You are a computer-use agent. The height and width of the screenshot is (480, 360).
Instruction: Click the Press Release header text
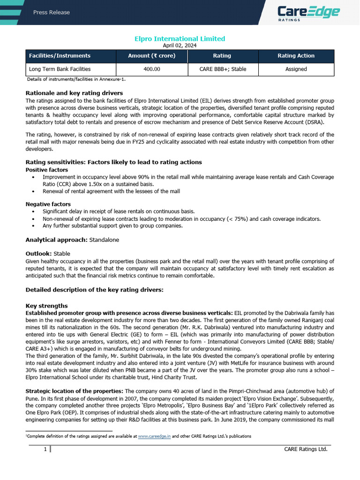point(52,12)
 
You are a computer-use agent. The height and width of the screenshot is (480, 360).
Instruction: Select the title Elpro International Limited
point(180,39)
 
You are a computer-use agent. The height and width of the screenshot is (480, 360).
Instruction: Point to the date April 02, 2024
point(180,45)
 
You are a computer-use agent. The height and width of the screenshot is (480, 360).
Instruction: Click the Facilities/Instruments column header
point(60,56)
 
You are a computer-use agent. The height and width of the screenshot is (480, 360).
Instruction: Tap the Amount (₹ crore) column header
point(152,56)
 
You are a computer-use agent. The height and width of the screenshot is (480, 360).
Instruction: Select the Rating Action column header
point(296,56)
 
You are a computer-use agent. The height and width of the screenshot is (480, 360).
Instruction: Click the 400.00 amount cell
point(152,69)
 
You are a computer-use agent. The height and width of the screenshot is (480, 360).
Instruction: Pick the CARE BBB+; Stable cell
point(222,69)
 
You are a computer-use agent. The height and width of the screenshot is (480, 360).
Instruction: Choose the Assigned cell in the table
point(296,69)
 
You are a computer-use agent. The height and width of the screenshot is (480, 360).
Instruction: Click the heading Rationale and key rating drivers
point(74,93)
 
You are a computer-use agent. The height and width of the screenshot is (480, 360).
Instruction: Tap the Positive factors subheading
point(46,170)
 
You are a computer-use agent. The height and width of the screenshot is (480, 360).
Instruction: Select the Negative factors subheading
point(48,204)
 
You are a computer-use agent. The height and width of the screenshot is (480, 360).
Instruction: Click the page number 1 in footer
point(45,450)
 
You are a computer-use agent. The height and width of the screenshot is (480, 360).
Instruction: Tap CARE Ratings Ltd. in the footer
point(306,450)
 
